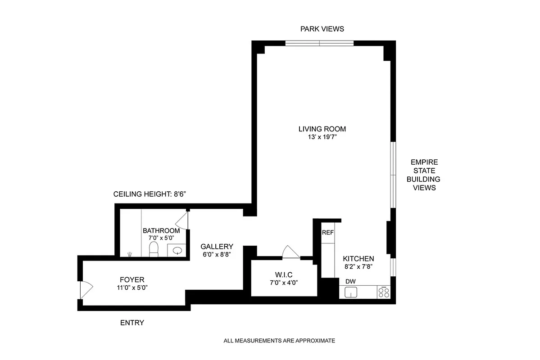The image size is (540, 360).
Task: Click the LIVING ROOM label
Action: coord(322,129)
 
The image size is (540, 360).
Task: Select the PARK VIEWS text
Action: coord(322,29)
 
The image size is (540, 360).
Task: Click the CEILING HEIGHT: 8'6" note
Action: coord(149,194)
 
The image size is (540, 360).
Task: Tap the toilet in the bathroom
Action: coord(154,249)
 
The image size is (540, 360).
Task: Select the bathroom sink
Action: coord(177,250)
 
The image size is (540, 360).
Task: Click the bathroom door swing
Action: coord(182,221)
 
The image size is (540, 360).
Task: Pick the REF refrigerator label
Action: coord(327,233)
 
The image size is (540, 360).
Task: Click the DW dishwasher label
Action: coord(350,281)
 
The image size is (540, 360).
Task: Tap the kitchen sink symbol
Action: coord(350,292)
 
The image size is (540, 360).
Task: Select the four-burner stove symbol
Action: coord(384,292)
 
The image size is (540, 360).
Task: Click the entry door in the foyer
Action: coord(85,290)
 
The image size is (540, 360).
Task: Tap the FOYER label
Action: coord(132,279)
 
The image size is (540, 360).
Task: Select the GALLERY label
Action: coord(217,246)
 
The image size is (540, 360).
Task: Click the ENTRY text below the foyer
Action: coord(132,323)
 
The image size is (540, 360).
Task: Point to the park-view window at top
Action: coord(319,44)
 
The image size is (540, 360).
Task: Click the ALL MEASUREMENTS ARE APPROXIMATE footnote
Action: coord(279,341)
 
